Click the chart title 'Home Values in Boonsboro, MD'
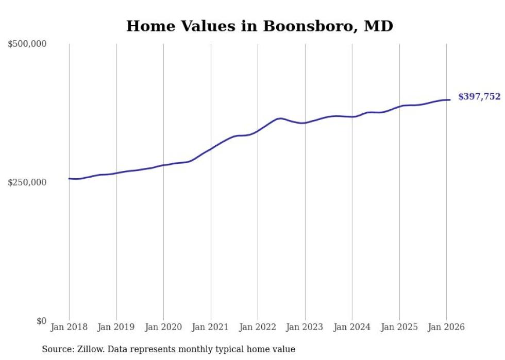pos(259,26)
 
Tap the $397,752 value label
pos(479,96)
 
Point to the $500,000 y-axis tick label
pos(27,44)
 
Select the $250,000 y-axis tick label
pos(27,182)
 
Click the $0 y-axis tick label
pos(41,321)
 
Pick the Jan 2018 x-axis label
pos(69,327)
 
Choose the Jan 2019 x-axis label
pos(116,327)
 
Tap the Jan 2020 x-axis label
pos(163,327)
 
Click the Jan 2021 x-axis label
pos(211,327)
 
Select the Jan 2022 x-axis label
pos(258,327)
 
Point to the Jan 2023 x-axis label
pos(305,327)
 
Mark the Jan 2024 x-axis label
pos(352,327)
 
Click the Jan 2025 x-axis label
pos(399,327)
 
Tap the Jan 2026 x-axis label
pos(446,327)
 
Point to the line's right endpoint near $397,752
pos(450,100)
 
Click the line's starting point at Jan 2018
pos(69,179)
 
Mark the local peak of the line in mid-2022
pos(280,118)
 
